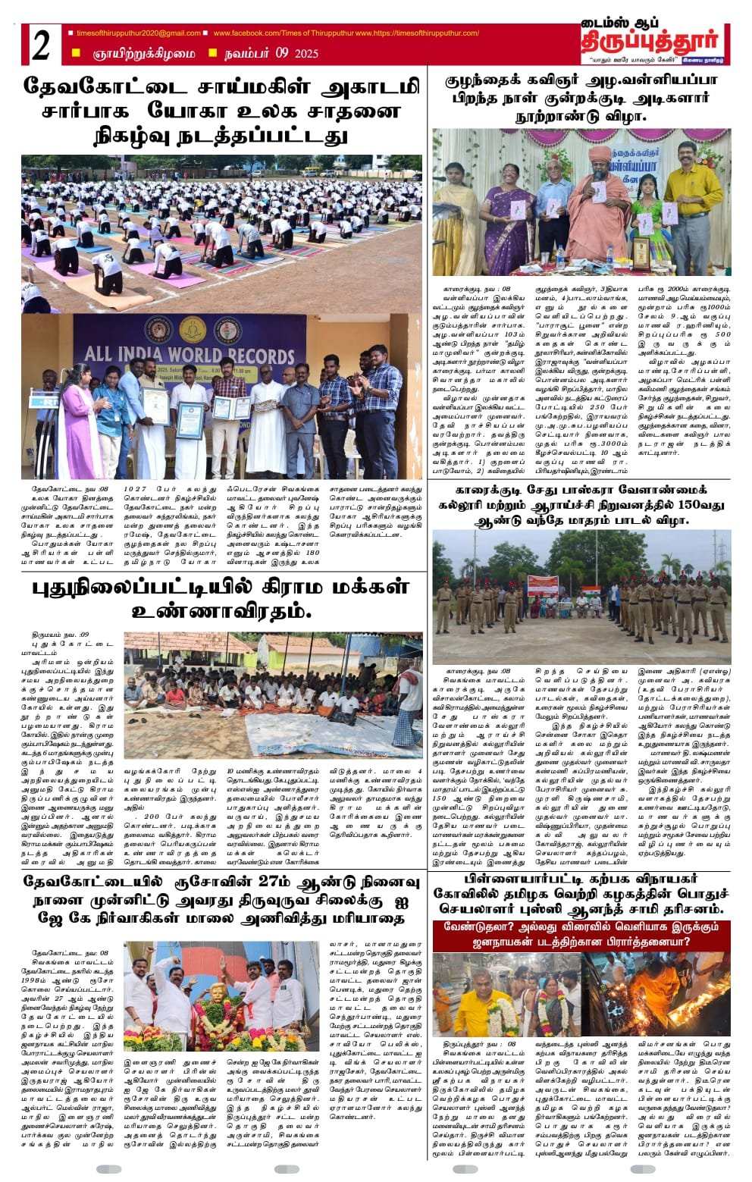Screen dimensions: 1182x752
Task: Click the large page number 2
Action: [41, 46]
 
